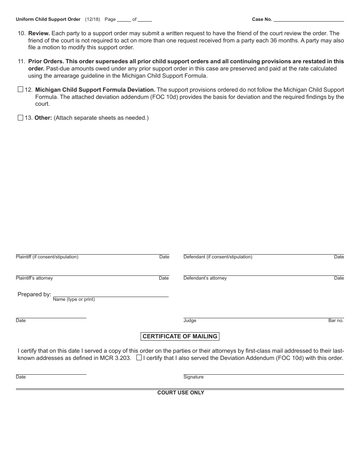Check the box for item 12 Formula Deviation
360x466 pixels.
click(x=20, y=90)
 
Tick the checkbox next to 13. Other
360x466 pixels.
click(x=20, y=118)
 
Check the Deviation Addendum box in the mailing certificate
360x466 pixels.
click(x=139, y=358)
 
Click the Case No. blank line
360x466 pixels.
click(x=308, y=19)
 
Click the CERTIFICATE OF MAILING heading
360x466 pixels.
click(x=180, y=336)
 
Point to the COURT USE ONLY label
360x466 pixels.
click(x=181, y=393)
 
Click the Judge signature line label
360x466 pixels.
click(x=190, y=321)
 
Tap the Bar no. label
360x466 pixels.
click(x=336, y=321)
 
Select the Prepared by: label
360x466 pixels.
click(x=34, y=294)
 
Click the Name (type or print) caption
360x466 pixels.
click(x=74, y=300)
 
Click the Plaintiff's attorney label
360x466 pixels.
click(x=34, y=278)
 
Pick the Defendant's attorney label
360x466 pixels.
click(x=205, y=278)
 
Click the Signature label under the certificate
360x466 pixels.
click(x=193, y=377)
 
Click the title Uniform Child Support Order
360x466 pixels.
click(x=48, y=19)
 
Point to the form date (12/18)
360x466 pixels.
click(x=92, y=19)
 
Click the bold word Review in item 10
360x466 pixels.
click(x=39, y=33)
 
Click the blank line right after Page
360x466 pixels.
click(x=124, y=19)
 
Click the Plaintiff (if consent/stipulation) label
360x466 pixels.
click(x=47, y=257)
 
